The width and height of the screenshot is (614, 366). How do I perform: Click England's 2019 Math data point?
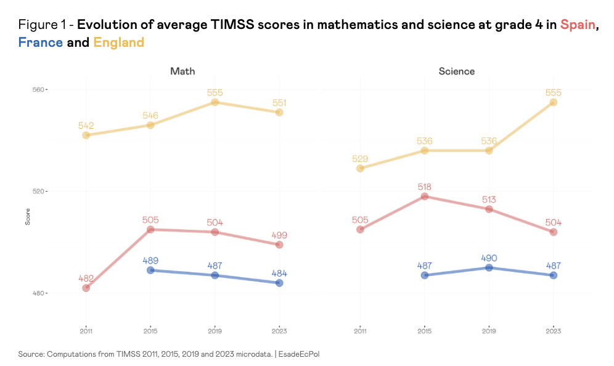pos(215,102)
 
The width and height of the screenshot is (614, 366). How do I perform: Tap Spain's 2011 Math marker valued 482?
pos(86,288)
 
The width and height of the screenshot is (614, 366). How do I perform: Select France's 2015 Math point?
pos(150,270)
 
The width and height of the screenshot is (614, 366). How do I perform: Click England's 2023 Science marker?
pos(553,102)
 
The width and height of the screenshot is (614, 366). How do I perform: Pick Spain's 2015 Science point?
pos(424,197)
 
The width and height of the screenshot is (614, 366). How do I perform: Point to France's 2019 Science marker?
pos(489,267)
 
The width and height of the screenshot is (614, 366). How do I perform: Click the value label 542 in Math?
pos(86,126)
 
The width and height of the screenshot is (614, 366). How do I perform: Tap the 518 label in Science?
pos(424,187)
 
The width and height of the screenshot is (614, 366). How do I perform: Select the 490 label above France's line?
pos(489,258)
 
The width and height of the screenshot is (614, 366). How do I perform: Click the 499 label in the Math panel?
pos(279,235)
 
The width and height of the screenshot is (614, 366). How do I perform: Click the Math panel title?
pos(182,71)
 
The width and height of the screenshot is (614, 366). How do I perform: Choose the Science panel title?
pos(456,71)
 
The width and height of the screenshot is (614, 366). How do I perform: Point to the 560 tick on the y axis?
pos(38,89)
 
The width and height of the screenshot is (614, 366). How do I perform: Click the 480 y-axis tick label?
pos(38,293)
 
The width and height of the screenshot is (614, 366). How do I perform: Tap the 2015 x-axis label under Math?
pos(150,331)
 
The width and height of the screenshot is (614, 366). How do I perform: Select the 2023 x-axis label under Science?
pos(553,331)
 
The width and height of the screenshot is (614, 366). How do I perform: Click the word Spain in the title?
pos(578,25)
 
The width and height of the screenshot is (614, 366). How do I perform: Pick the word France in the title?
pos(41,43)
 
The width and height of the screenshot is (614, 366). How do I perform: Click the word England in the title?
pos(119,43)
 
